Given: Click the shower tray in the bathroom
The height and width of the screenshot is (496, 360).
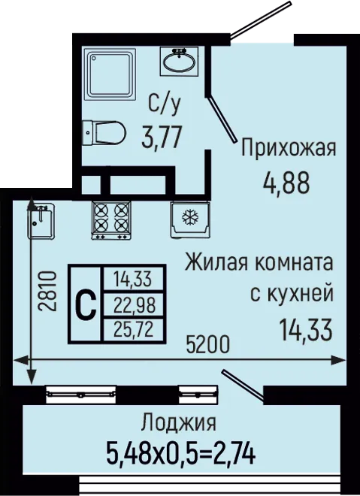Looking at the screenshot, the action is (110, 74).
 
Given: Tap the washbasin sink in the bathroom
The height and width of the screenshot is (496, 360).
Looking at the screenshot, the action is (179, 62).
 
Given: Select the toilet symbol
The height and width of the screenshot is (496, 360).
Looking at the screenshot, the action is (104, 132).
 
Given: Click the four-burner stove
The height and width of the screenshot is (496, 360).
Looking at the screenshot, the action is (111, 220).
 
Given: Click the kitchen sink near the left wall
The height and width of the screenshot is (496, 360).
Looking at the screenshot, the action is (41, 221).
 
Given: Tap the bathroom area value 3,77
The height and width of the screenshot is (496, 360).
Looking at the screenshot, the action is (162, 137).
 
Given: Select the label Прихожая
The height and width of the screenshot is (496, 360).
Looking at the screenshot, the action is (288, 148).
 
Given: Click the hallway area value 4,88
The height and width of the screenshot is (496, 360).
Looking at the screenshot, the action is (286, 183).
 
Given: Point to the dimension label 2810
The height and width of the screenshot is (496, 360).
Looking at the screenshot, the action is (47, 291).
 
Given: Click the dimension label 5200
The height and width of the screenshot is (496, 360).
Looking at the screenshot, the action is (207, 344).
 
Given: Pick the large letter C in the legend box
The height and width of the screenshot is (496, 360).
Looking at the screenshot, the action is (86, 304).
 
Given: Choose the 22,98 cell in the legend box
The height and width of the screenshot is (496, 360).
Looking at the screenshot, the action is (135, 305).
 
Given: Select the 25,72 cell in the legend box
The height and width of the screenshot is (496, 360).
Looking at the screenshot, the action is (135, 329).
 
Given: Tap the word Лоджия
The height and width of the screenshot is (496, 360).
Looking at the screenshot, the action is (179, 422).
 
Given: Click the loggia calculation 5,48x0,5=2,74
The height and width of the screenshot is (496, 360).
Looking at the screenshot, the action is (180, 454).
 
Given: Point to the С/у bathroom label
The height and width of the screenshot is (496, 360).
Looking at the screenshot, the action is (165, 104).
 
